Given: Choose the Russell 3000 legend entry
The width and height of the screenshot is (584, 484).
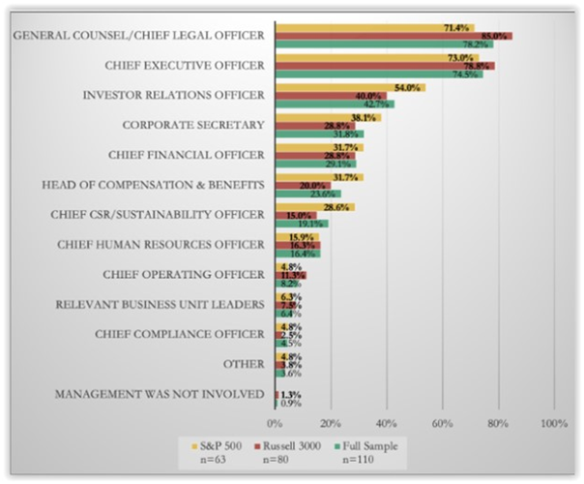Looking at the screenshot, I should pos(299,445).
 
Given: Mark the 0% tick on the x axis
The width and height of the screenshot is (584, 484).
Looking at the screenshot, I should pos(275,424).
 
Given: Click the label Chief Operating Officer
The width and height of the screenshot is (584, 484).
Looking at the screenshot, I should pos(179,274).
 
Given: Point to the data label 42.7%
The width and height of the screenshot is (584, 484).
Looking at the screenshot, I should pos(375,105).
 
